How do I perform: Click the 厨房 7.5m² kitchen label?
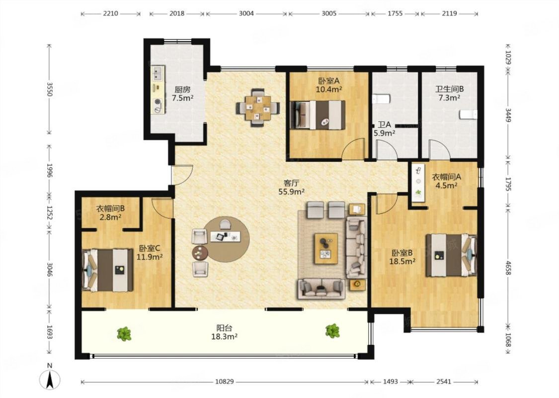coord(182,94)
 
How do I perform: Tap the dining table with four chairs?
coord(258,107)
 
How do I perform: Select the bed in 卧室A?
coord(318,114)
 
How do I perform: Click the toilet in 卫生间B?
coord(468,114)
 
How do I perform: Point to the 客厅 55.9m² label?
coord(291,188)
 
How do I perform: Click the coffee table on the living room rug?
coord(326,249)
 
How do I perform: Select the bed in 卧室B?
coord(451,255)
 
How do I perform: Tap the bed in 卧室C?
coord(108,270)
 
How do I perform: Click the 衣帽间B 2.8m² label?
coord(110,212)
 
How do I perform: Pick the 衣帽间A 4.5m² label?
coord(447,181)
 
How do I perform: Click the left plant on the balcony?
coord(124,334)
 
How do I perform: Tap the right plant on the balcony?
coord(332,331)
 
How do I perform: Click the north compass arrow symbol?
coord(50,379)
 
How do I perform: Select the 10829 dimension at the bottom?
coord(225,382)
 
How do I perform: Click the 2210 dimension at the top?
coord(110,13)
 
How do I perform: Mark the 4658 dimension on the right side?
coord(508,267)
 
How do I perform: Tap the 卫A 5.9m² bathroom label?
coord(384,129)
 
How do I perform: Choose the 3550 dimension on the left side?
coord(50,89)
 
